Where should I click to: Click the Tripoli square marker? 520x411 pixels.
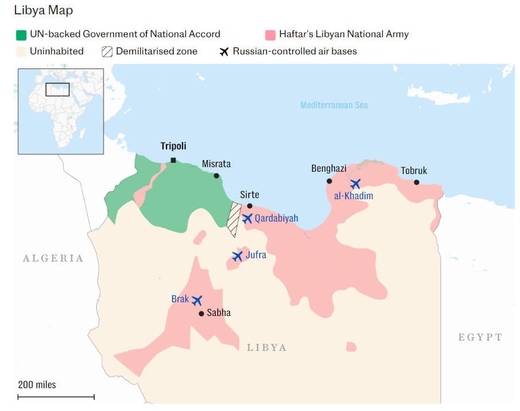point(173,160)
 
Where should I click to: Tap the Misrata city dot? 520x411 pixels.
point(216,176)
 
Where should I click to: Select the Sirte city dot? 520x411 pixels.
point(249,206)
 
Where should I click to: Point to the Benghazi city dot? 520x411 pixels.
point(329,181)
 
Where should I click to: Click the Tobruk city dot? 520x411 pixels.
point(416,182)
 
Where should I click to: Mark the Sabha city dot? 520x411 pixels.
point(201,314)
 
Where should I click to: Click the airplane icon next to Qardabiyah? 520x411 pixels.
point(247,218)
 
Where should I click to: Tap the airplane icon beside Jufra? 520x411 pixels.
point(237,256)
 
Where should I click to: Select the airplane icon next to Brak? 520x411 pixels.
point(197,300)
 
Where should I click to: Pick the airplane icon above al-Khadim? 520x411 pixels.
point(355,184)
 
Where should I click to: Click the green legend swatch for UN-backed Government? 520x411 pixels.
point(21,34)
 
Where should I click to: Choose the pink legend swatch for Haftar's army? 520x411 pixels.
point(271,34)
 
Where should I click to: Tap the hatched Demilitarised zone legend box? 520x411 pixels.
point(107,52)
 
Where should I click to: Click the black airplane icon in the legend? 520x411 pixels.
point(224,52)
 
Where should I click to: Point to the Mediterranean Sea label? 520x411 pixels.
point(334,105)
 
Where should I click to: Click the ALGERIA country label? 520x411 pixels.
point(53,258)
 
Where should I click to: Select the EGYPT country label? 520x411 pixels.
point(480,337)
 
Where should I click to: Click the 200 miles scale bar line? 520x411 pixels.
point(56,396)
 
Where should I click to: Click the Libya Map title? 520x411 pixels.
point(43,10)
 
